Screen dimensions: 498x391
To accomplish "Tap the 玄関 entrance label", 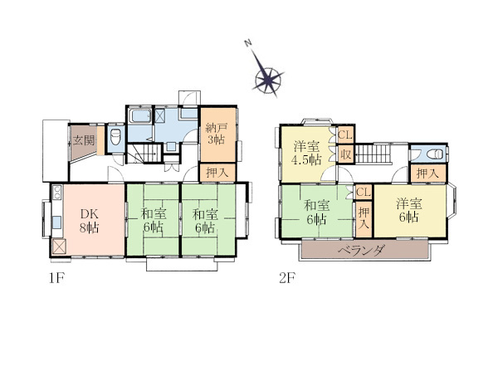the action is pos(84,140).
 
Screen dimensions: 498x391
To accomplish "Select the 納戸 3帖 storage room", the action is pos(217,135).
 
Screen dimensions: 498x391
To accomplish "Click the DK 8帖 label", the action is pos(90,221).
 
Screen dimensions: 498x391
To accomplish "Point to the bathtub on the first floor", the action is pos(139,116).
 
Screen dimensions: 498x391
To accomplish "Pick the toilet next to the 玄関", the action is pos(115,137).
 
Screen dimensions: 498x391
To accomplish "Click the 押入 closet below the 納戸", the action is pos(217,173).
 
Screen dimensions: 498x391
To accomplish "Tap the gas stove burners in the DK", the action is pos(57,192).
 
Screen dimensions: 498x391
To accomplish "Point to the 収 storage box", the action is pos(345,154).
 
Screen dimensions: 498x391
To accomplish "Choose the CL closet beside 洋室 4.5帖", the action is pos(345,134).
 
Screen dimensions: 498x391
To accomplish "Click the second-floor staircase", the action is pos(372,154).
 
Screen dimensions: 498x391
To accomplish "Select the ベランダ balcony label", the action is pos(361,251).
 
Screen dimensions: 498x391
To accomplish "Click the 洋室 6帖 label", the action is pos(409,210).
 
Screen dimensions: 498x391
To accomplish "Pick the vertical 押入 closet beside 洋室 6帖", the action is pos(364,218).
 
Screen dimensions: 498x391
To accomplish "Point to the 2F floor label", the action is pos(287,279).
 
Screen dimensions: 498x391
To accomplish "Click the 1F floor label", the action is pos(56,279).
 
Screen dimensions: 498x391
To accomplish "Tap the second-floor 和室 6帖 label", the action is pos(317,213).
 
